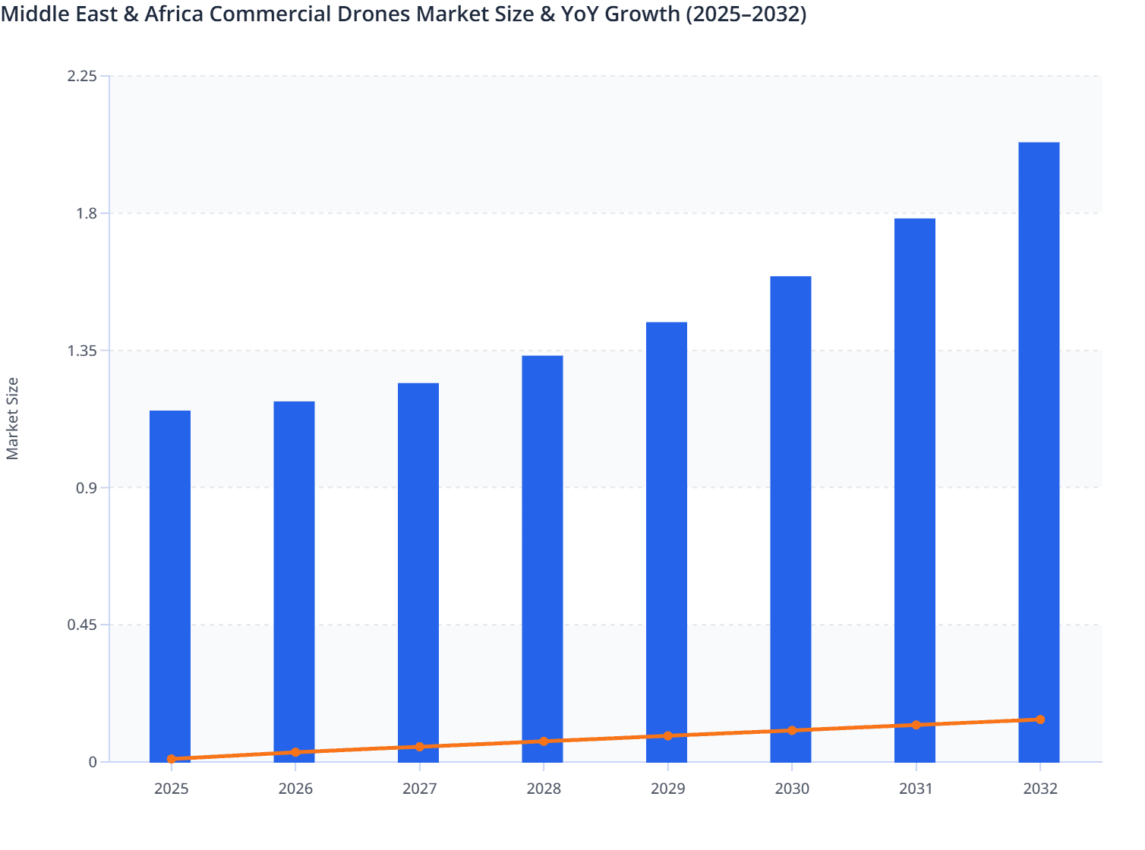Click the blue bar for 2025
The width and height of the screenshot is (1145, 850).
tap(170, 584)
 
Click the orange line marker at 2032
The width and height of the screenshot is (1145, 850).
tap(1040, 719)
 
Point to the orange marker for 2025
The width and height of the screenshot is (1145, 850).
tap(172, 759)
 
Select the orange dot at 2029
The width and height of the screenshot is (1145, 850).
tap(668, 736)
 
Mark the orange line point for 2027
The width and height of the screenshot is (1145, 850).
tap(420, 747)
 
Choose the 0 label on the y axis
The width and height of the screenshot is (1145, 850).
tap(93, 762)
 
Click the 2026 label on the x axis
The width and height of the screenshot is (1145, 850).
tap(295, 789)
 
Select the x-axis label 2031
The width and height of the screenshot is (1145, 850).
tap(916, 789)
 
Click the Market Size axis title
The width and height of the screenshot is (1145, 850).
tap(12, 418)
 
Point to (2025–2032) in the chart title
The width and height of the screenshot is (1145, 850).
tap(746, 14)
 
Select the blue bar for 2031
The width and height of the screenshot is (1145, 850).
tap(915, 486)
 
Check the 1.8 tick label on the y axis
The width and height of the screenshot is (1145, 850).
tap(87, 213)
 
